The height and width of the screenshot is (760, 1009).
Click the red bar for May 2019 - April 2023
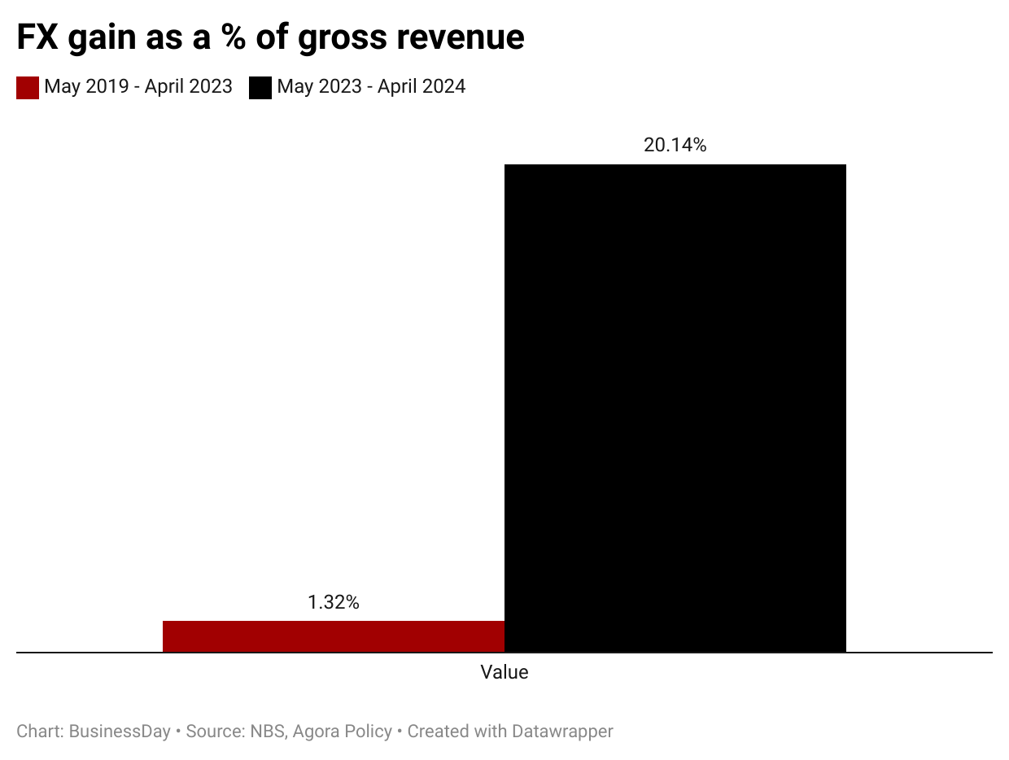pos(334,636)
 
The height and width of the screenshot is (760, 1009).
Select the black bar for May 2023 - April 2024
pos(675,408)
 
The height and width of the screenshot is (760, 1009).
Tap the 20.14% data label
pos(675,145)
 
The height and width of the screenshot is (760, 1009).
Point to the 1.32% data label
pos(334,602)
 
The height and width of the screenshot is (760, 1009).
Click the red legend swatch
pos(28,88)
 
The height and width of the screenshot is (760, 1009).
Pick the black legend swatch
pos(260,88)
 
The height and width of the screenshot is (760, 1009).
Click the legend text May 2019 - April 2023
pos(138,86)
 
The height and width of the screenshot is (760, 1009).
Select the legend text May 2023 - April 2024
pos(371,86)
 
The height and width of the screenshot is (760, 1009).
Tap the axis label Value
pos(504,672)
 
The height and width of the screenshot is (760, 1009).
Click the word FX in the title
pos(37,37)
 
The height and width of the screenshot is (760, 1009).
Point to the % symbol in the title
pos(233,37)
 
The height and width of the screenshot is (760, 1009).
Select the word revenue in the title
pos(461,37)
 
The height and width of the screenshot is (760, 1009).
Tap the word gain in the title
pos(102,38)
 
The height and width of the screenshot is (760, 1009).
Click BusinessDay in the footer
pos(120,731)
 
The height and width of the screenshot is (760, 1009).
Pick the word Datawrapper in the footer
pos(562,731)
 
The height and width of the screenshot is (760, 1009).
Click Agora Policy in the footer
pos(343,732)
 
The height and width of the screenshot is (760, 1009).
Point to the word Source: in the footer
pos(215,731)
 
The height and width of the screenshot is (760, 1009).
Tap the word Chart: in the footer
pos(40,731)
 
